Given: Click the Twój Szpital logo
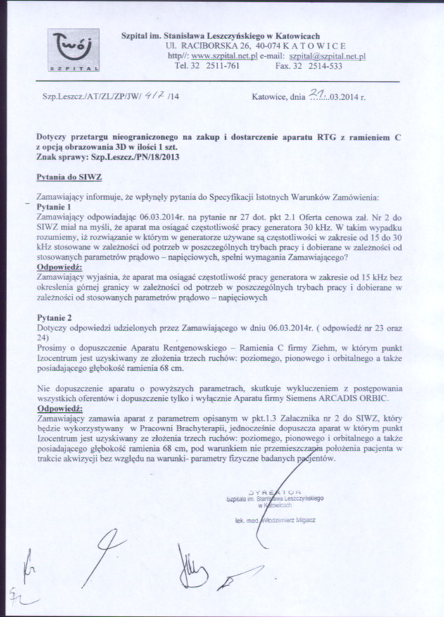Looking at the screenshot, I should (x=73, y=51).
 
